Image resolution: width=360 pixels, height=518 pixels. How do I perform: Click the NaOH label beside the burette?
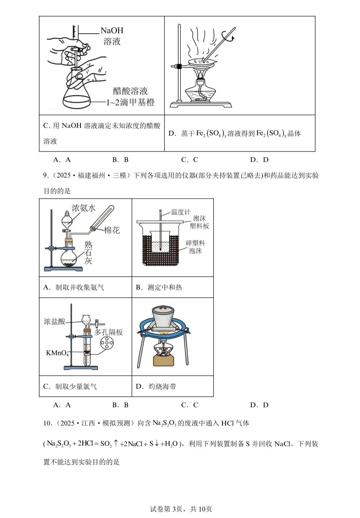point(112,30)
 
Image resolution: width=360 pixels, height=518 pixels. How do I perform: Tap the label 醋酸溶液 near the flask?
point(130,91)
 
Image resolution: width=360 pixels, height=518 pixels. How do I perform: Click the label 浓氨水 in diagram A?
point(83,208)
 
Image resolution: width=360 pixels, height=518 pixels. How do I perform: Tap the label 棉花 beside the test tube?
point(112,230)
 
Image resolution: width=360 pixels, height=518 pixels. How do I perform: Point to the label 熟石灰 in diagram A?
point(88,252)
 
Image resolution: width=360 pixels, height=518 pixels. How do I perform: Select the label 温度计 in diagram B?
point(180,212)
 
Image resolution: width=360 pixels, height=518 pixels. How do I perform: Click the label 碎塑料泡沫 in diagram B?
point(195,247)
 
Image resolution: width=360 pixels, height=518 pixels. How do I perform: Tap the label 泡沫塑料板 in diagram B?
point(199,222)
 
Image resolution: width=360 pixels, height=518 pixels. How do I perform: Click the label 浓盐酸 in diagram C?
point(54,321)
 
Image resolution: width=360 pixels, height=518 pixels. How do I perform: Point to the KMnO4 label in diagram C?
point(57,353)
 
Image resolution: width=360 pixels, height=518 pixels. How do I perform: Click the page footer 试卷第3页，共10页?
point(181,509)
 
